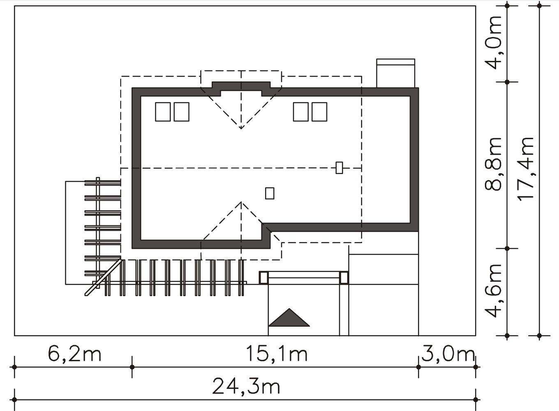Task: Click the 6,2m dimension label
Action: [74, 354]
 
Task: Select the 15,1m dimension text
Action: [277, 354]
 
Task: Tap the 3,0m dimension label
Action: [448, 354]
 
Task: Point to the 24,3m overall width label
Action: [246, 386]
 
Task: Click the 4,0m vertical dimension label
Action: [493, 42]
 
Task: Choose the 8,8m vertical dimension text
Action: [493, 164]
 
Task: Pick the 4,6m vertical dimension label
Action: [493, 290]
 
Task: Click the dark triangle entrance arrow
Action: [289, 317]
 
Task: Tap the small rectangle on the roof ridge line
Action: [339, 167]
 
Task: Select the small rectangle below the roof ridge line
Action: [270, 193]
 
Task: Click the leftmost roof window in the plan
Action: [163, 111]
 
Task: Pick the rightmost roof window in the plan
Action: [319, 111]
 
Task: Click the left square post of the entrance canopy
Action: [264, 278]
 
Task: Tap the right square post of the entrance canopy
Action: [344, 278]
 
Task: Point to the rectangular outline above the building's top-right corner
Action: [395, 73]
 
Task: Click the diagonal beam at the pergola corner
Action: [104, 278]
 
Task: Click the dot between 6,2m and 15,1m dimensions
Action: [132, 367]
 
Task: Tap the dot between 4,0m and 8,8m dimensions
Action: [507, 82]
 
